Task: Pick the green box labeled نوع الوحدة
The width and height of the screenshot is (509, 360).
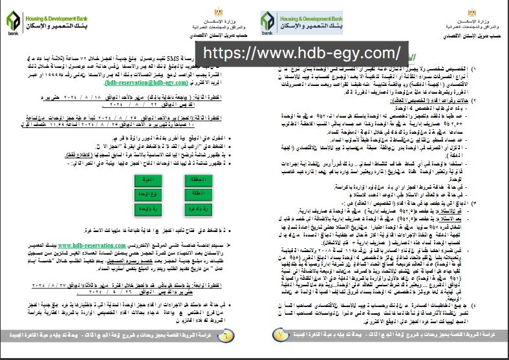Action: tap(148, 194)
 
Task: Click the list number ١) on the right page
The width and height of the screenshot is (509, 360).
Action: tap(493, 68)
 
